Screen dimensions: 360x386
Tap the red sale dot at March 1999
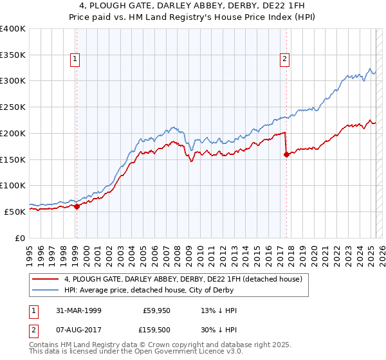pos(77,206)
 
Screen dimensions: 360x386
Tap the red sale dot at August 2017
pos(286,154)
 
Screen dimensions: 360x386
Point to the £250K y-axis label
pos(12,107)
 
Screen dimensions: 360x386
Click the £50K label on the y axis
pos(15,212)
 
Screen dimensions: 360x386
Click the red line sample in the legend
pos(46,279)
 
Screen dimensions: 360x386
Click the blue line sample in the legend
pos(46,290)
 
